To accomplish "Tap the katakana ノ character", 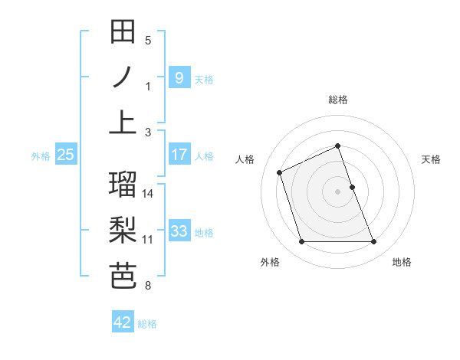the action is point(123,77).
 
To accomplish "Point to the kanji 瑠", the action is point(123,185).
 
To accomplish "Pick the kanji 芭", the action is point(123,277).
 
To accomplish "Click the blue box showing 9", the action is point(179,77).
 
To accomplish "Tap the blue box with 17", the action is point(179,155).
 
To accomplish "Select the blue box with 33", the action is point(179,231).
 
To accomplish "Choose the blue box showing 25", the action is point(65,155).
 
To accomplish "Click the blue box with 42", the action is point(123,322).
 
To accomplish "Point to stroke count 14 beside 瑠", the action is point(149,193).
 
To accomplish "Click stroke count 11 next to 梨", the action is point(149,239).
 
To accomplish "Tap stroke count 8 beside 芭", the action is point(148,286).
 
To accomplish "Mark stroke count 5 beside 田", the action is point(148,40).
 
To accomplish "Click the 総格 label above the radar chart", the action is point(338,100).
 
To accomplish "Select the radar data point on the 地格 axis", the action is point(374,242).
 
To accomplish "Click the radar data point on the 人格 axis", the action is point(280,172).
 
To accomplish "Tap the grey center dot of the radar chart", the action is point(338,191).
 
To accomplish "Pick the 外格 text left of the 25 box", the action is point(41,155).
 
